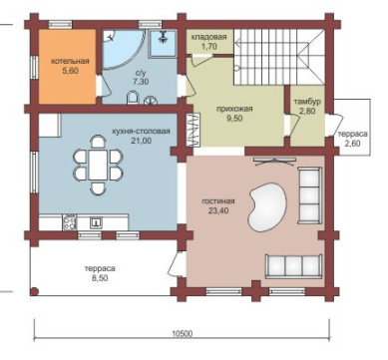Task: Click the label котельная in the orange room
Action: (x=70, y=62)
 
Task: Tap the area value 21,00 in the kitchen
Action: (x=142, y=141)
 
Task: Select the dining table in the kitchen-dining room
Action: (x=98, y=165)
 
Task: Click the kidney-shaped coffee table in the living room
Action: (x=267, y=206)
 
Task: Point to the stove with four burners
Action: (x=70, y=222)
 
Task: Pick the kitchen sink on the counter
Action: (x=96, y=222)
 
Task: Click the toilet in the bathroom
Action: (x=133, y=98)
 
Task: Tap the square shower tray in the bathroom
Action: (x=163, y=43)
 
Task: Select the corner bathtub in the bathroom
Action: (x=123, y=49)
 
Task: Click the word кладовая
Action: (x=208, y=37)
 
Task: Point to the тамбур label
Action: (x=306, y=102)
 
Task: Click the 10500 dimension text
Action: (x=183, y=333)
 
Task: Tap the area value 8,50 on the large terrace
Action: (x=100, y=278)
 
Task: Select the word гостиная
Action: (x=218, y=201)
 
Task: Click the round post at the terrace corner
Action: (x=34, y=291)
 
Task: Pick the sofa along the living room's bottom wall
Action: (x=293, y=266)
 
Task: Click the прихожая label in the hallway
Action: (x=234, y=109)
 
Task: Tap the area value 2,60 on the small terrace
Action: (x=353, y=144)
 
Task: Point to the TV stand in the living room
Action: (x=274, y=161)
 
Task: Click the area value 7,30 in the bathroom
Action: (x=140, y=82)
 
